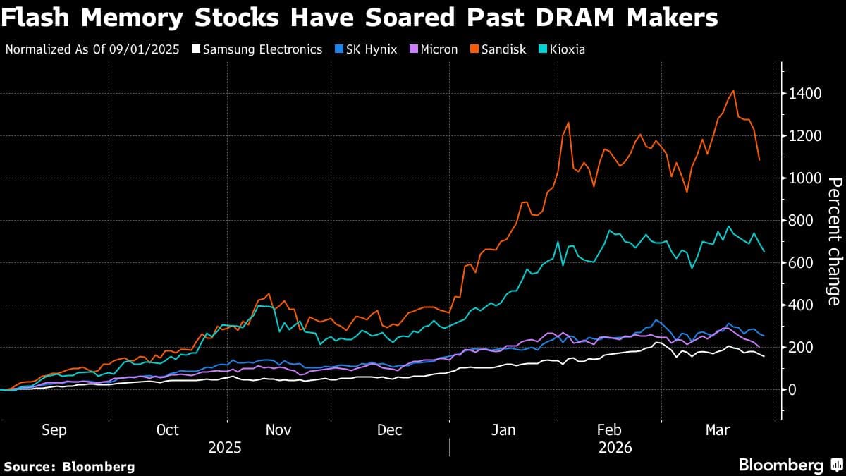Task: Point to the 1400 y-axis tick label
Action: click(805, 94)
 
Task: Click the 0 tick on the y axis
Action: click(792, 389)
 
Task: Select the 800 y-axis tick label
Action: click(802, 221)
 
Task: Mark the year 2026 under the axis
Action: click(615, 448)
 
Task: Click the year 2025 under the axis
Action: click(224, 448)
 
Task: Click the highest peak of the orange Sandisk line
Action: click(734, 91)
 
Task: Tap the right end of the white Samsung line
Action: click(764, 356)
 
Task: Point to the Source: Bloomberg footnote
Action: click(69, 466)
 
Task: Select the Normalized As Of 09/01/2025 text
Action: click(91, 49)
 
